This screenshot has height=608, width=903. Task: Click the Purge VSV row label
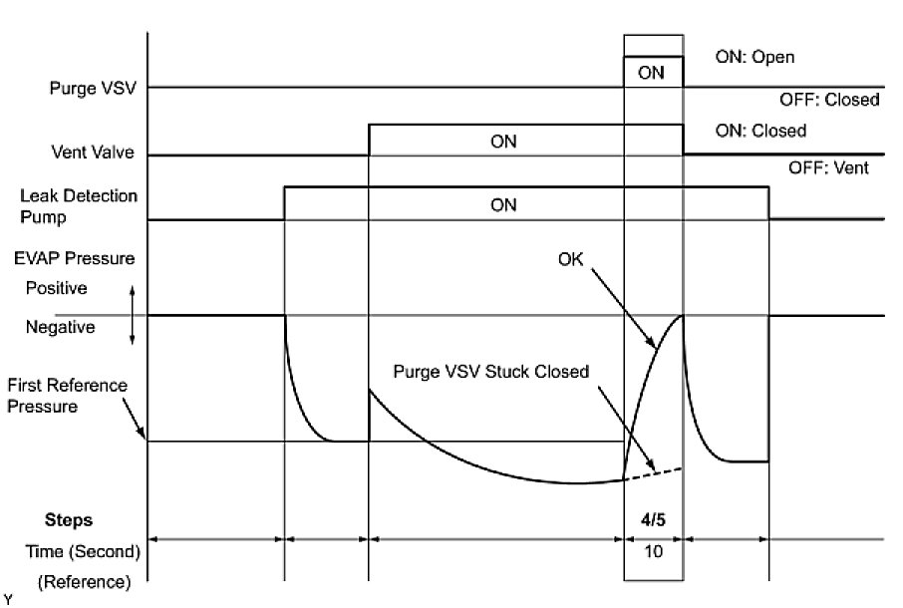pos(92,88)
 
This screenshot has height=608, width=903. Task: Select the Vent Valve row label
pos(93,153)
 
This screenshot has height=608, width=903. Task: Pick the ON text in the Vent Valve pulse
pos(503,142)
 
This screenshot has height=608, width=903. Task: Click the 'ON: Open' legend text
pos(754,57)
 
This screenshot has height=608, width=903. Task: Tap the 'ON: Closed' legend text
pos(760,131)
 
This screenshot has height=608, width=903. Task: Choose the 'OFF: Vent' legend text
pos(828,167)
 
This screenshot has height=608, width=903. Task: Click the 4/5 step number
pos(652,520)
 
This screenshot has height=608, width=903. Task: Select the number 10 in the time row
pos(652,549)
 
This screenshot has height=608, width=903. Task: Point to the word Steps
pos(69,520)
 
